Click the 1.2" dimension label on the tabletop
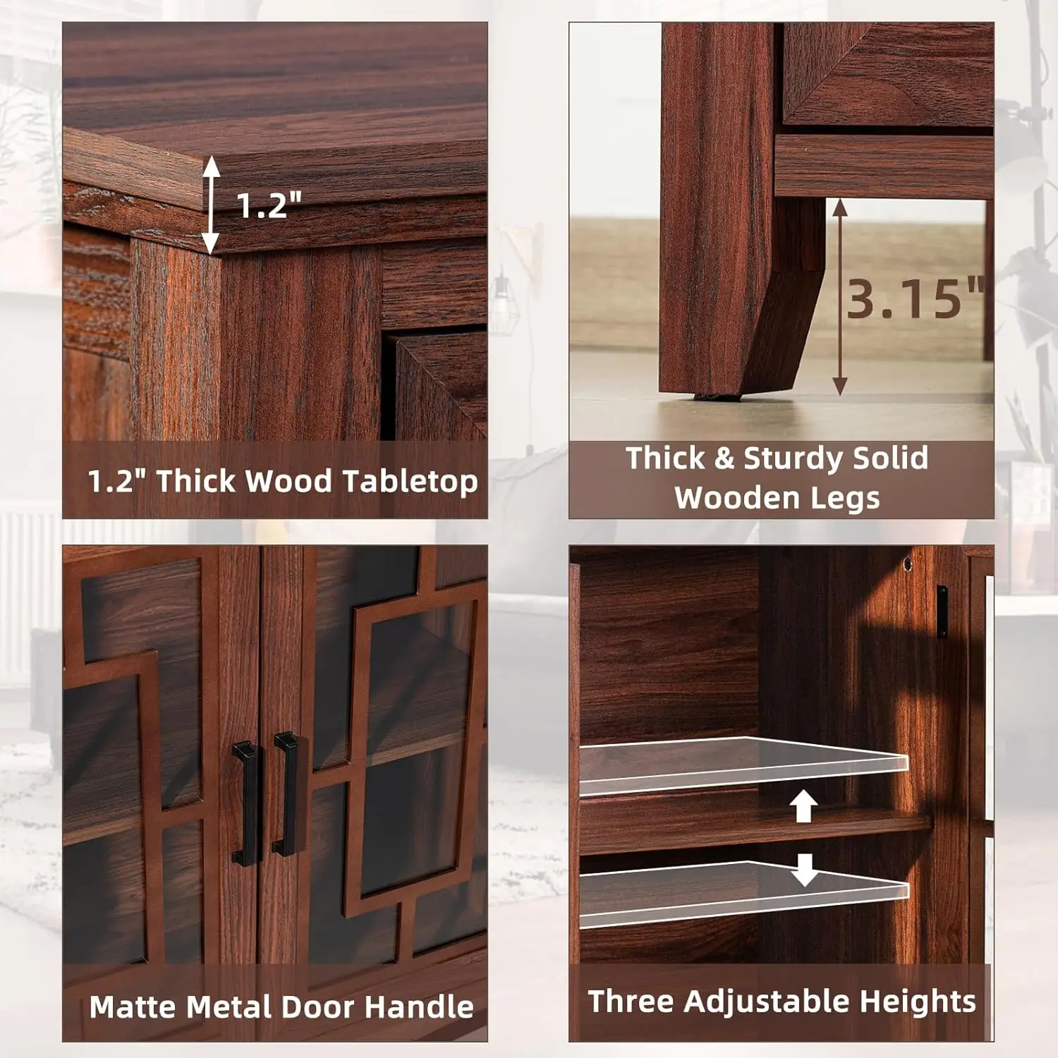[x=269, y=205]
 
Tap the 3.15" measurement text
[x=916, y=298]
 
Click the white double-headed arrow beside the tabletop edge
[x=211, y=205]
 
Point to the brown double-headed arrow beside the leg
[x=839, y=296]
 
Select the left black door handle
[x=245, y=803]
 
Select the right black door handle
[x=286, y=793]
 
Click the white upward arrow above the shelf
[x=803, y=806]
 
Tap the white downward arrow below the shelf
[x=804, y=870]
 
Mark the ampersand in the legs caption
[x=724, y=458]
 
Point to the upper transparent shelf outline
[x=744, y=767]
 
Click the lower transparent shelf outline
[x=744, y=894]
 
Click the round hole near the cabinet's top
[x=908, y=564]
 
